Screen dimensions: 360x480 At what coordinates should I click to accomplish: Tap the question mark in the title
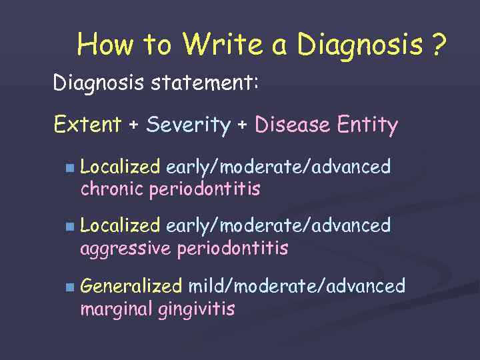pos(438,45)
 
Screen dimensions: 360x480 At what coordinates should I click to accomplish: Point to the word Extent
pos(87,125)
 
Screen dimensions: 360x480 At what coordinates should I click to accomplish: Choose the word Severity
pos(188,125)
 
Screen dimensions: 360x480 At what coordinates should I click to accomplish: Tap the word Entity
pos(368,125)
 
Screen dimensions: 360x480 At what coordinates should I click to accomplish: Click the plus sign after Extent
pos(133,125)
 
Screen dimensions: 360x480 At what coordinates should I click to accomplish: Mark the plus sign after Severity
pos(243,125)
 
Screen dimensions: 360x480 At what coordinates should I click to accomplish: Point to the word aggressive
pos(126,250)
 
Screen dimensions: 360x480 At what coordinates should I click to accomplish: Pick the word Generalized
pos(131,287)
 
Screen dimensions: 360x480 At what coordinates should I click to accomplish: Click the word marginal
pos(117,310)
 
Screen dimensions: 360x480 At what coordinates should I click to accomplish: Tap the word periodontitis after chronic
pos(205,189)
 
